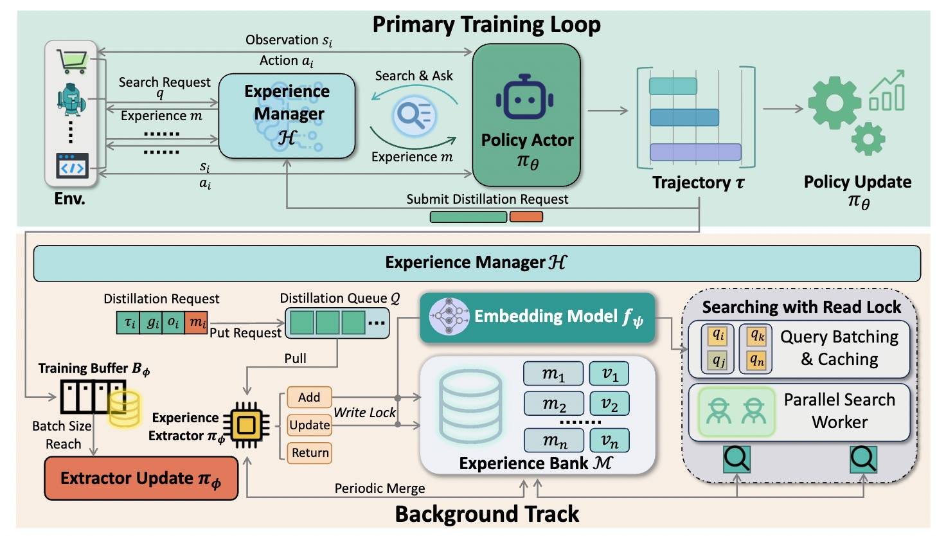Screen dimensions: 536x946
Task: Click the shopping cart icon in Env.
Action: point(72,60)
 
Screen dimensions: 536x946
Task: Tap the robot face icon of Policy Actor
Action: point(525,97)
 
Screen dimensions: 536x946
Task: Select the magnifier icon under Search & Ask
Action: point(415,116)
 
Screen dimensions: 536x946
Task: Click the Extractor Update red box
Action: point(141,478)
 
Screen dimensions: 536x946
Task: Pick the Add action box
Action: point(309,397)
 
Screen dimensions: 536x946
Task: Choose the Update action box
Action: point(309,425)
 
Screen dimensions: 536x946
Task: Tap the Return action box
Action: point(310,452)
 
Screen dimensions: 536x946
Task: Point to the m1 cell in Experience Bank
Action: point(553,373)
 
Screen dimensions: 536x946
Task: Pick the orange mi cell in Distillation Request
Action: point(197,323)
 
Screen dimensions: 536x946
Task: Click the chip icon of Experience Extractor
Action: point(245,425)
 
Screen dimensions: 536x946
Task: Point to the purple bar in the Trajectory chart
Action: point(695,152)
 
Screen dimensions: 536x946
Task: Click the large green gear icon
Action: point(834,103)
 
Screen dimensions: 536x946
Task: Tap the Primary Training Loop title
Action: point(486,24)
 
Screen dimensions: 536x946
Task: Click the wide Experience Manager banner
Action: point(476,263)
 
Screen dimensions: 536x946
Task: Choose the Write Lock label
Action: point(364,413)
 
